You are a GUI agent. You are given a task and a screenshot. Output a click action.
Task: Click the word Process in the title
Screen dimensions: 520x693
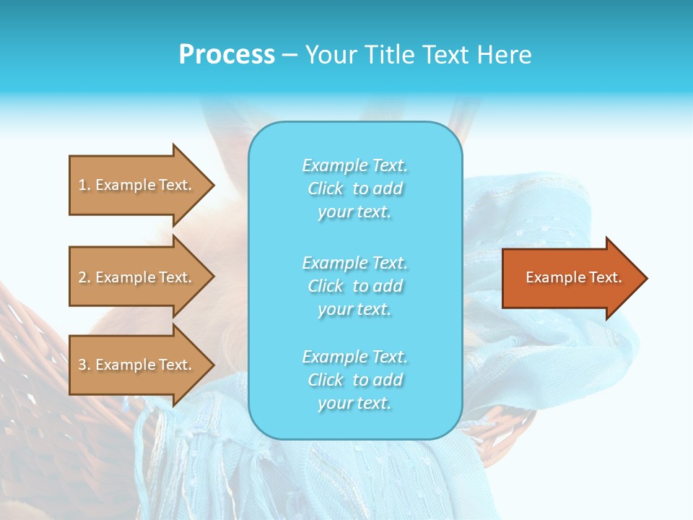[x=227, y=55]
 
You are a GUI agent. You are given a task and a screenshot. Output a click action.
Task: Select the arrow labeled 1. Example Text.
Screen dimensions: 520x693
[x=137, y=185]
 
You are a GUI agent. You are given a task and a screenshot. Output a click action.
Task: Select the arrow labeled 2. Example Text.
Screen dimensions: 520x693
[x=137, y=277]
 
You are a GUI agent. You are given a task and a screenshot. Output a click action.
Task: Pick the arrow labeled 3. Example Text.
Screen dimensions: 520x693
[x=137, y=365]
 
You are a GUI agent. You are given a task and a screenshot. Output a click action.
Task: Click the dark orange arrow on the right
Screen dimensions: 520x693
[x=570, y=278]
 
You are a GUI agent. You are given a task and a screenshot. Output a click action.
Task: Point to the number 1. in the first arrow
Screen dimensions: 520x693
[x=84, y=185]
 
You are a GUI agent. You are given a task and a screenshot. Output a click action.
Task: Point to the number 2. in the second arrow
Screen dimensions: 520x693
[x=84, y=277]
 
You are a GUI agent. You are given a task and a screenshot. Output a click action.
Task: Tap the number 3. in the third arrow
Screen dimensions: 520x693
[x=84, y=365]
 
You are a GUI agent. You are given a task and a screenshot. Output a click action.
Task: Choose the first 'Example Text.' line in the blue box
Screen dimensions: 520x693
[x=355, y=165]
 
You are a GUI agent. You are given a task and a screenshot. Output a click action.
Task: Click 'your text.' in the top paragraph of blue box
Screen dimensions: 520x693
[x=354, y=212]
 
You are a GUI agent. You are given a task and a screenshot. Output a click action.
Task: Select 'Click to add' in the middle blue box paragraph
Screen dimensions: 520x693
[x=355, y=286]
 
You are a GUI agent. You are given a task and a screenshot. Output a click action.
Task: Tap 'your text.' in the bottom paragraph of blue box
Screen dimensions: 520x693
[x=354, y=404]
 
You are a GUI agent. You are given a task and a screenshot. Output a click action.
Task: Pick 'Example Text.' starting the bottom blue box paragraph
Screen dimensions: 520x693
[x=355, y=357]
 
